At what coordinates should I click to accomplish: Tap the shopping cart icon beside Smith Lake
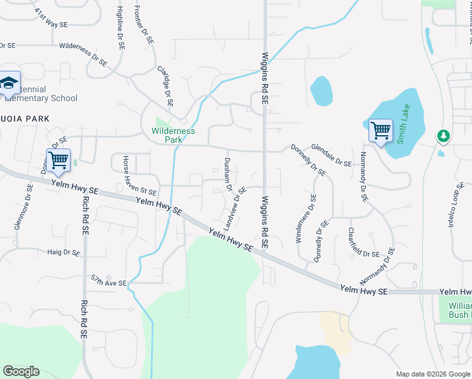coord(381,131)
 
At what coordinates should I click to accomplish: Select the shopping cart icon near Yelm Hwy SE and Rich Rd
coord(58,159)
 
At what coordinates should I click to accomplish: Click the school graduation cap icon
coord(9,83)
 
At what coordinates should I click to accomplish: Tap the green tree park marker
coord(444,136)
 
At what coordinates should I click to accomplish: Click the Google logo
coord(21,371)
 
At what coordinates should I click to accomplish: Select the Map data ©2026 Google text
coord(432,373)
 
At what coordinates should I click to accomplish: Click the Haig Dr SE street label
coord(64,252)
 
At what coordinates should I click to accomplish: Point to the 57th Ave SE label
coord(109,280)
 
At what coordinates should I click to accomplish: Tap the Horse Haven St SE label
coord(139,175)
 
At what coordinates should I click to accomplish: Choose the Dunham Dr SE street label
coord(227,174)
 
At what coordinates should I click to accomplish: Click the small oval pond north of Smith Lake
coord(321,90)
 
